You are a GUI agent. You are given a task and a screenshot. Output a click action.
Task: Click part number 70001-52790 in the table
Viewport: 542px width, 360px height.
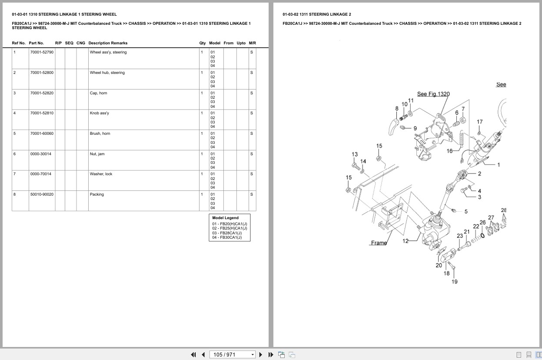pos(42,52)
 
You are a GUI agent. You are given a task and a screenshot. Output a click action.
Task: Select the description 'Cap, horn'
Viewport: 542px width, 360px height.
pos(98,93)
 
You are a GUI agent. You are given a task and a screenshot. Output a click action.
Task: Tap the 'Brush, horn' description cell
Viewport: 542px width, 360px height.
pos(100,133)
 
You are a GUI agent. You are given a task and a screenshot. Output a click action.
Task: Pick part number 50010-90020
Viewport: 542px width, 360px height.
pos(42,194)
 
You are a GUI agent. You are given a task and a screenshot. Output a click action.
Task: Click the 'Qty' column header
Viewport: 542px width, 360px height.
pos(202,43)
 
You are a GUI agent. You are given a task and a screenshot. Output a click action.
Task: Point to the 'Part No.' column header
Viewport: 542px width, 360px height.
pos(37,43)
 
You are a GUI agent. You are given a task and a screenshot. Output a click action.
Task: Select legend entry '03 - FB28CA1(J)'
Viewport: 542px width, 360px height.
pos(227,233)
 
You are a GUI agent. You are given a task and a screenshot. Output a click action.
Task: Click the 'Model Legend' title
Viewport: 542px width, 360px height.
pos(225,218)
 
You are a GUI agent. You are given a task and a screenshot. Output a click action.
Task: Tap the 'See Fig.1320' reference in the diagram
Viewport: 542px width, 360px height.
pos(433,94)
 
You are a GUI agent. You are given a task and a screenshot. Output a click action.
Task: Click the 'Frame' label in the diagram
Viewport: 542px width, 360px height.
pos(379,243)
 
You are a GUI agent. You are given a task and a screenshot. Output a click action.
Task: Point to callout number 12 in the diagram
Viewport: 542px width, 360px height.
pos(406,241)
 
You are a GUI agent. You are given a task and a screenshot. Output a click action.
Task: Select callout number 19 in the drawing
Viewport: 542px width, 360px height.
pos(454,282)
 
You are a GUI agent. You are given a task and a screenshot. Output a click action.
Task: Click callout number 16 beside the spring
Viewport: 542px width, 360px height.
pos(449,151)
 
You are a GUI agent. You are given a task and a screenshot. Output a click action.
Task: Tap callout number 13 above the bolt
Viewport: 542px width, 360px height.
pos(355,154)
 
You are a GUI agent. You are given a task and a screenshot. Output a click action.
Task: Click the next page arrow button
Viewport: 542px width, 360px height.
pos(261,355)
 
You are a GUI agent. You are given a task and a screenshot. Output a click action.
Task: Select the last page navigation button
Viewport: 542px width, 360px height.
pos(271,355)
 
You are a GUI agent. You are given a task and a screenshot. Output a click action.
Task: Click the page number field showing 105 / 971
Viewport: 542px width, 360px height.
pos(232,355)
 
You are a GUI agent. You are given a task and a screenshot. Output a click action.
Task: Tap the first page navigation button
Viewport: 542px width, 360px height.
pos(193,355)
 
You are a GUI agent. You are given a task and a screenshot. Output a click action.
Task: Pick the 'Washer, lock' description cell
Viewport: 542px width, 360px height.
pos(101,174)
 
